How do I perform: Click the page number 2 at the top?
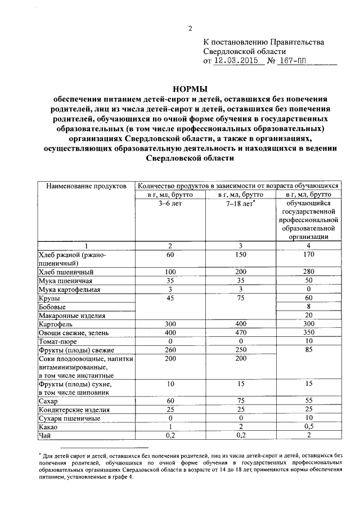[190, 29]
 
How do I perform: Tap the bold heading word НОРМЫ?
[189, 88]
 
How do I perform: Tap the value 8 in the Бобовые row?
[307, 307]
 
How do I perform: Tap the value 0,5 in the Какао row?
[307, 427]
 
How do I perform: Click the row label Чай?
[43, 436]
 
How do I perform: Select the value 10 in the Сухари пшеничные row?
[307, 418]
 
